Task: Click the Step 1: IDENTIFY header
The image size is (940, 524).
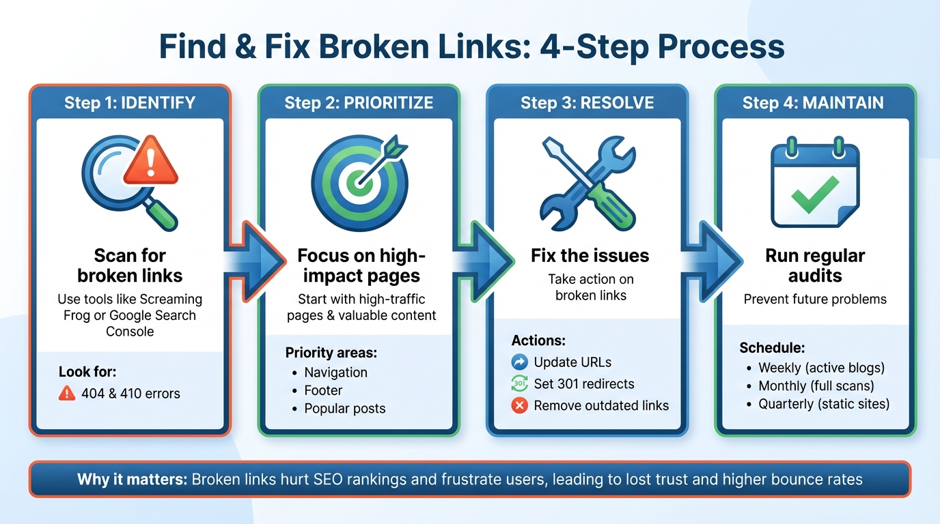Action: [x=130, y=103]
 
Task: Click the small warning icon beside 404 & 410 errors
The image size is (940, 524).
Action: [x=67, y=393]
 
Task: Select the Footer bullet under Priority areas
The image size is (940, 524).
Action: [x=323, y=390]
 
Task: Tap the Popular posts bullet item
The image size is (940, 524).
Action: [x=344, y=409]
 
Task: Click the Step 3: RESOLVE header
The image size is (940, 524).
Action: [x=587, y=103]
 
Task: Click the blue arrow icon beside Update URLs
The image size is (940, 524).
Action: [x=520, y=362]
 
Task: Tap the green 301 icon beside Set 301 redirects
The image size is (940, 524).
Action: [x=520, y=383]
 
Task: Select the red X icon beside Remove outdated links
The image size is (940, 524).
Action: [x=520, y=405]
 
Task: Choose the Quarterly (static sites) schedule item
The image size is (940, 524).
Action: [x=824, y=404]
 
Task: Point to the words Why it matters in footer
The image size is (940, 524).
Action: [x=132, y=479]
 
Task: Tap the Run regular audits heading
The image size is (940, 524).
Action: [x=814, y=266]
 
